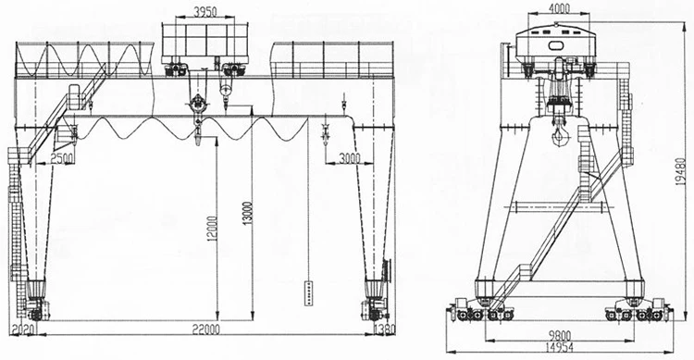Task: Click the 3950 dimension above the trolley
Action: [x=206, y=13]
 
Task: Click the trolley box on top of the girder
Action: [x=205, y=43]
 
